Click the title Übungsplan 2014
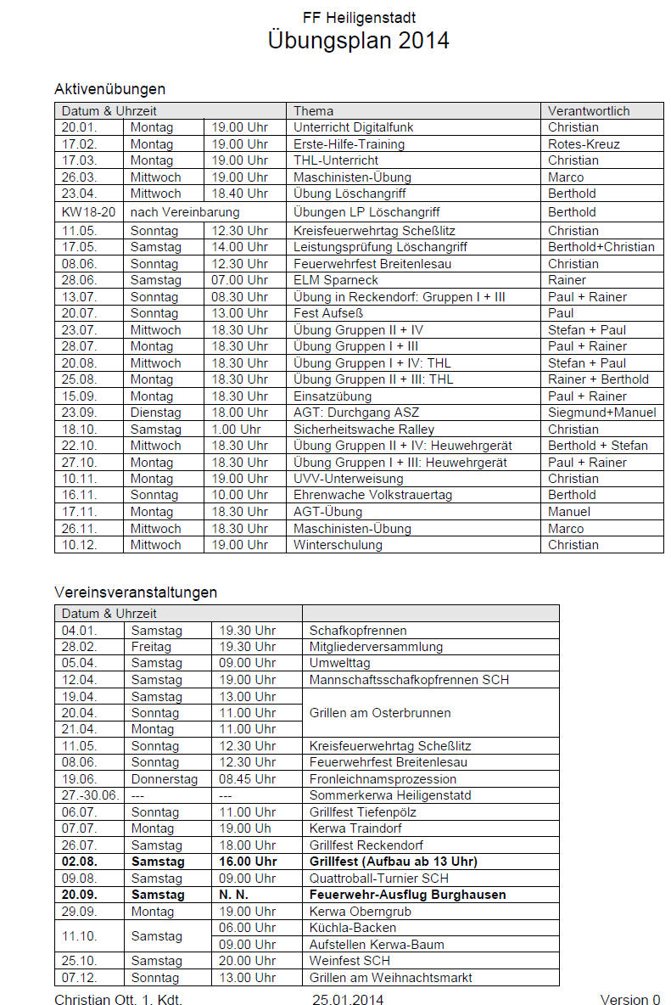click(x=358, y=40)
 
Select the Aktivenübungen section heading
click(x=109, y=89)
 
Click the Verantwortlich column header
click(x=589, y=111)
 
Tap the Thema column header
click(x=314, y=111)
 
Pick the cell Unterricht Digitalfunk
click(x=353, y=127)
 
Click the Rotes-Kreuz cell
click(x=584, y=144)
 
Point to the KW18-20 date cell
click(x=88, y=212)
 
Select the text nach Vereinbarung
click(x=185, y=212)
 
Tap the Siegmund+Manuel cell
click(x=601, y=413)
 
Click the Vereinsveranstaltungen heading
click(x=136, y=592)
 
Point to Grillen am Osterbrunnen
click(x=380, y=713)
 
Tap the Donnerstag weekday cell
click(x=164, y=779)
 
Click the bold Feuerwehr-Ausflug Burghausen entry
click(x=407, y=895)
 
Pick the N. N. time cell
click(x=234, y=895)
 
